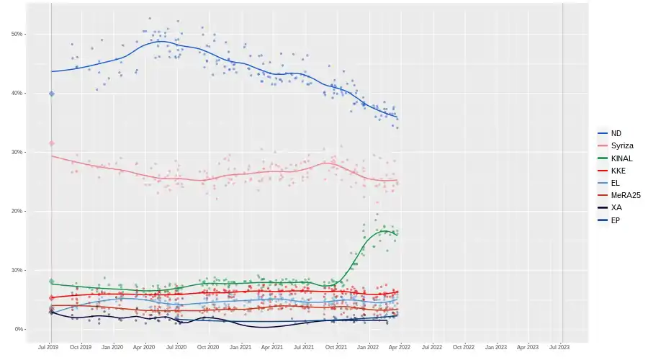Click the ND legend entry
tap(616, 133)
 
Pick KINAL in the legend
tap(621, 158)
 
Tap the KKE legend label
tap(618, 171)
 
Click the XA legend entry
tap(616, 207)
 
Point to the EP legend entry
tap(616, 220)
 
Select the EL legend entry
tap(616, 183)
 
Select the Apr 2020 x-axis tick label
tap(145, 346)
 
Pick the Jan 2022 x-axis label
tap(369, 346)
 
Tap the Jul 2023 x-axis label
tap(559, 346)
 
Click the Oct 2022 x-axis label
tap(464, 346)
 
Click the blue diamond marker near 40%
tap(51, 94)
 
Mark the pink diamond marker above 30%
tap(51, 143)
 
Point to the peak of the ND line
tap(160, 41)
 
